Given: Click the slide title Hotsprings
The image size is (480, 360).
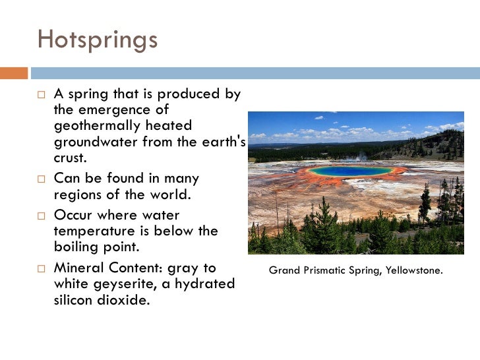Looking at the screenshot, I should (98, 40).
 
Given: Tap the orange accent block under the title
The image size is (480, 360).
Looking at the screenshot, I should (14, 73).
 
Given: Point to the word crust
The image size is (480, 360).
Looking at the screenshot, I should (70, 158).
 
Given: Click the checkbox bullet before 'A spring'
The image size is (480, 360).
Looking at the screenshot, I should (41, 95).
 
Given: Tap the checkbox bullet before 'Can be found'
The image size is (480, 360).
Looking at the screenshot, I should (41, 179).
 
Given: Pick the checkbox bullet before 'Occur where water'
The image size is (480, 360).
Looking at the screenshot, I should (41, 216).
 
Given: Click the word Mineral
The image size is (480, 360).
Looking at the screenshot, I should (78, 268).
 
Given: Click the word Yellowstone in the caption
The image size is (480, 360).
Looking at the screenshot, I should (413, 270).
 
